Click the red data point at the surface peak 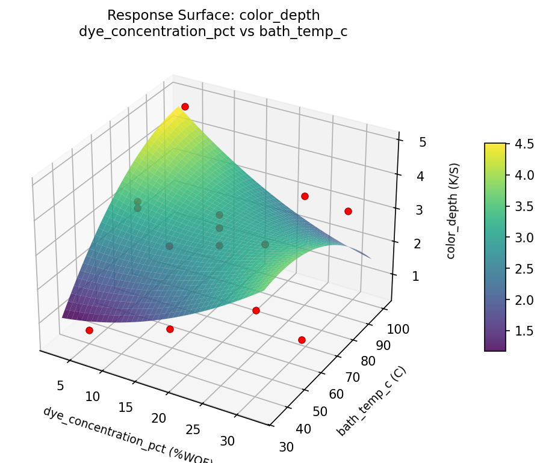(x=185, y=106)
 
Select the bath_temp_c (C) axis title (x=371, y=401)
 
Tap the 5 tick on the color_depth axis (x=423, y=143)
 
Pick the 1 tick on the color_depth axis (x=415, y=277)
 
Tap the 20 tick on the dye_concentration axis (x=159, y=418)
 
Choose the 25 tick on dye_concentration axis (x=193, y=429)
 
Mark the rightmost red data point (x=348, y=211)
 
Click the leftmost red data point (x=89, y=330)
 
